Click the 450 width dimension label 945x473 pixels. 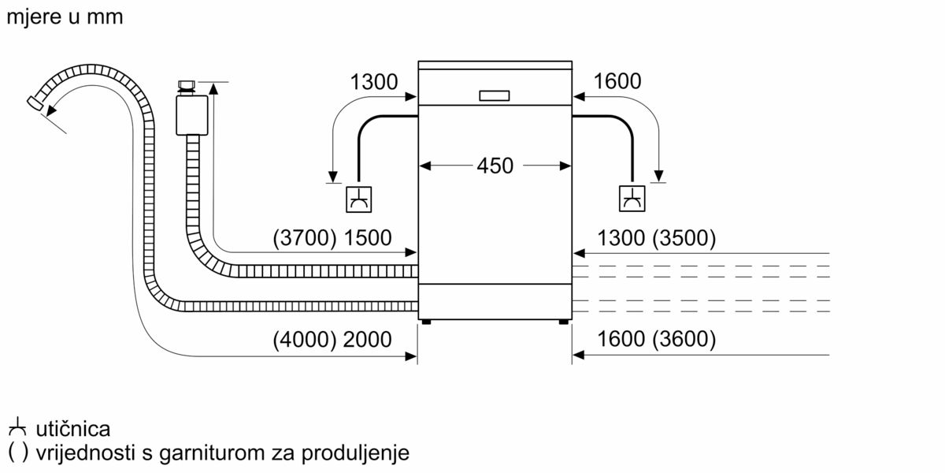coord(495,166)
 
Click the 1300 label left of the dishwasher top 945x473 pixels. coord(374,82)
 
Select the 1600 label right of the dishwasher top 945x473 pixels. coord(617,81)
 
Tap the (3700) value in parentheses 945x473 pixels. coord(305,238)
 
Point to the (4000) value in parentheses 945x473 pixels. coord(305,340)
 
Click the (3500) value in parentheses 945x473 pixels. coord(684,238)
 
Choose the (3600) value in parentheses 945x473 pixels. coord(684,339)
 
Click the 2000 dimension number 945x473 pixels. coord(368,340)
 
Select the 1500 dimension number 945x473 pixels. coord(368,238)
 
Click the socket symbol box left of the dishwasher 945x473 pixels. coord(358,199)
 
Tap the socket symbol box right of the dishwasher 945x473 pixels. coord(632,199)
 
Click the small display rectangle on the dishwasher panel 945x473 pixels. coord(495,96)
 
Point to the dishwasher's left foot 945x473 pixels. coord(426,322)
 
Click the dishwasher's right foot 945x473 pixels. coord(563,322)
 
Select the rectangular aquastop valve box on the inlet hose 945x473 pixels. coord(192,115)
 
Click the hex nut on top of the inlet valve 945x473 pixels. coord(186,86)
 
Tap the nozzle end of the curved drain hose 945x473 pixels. coord(35,102)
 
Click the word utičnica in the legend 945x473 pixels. coord(73,429)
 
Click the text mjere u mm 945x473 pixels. coord(65,17)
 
